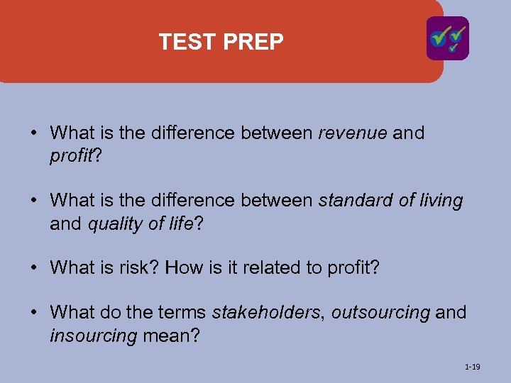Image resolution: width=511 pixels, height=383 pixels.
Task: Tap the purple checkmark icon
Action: point(447,38)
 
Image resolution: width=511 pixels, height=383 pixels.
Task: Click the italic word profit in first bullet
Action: point(71,156)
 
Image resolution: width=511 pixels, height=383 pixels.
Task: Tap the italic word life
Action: point(177,224)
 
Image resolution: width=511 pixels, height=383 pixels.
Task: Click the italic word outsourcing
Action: point(380,312)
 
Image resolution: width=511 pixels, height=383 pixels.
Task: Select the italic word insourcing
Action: point(93,335)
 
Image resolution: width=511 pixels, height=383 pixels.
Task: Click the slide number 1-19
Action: point(472,367)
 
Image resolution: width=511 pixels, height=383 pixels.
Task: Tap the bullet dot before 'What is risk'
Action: point(34,268)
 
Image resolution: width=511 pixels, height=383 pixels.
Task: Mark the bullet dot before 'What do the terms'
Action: point(34,312)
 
